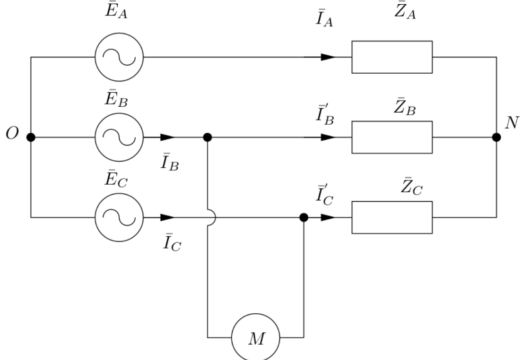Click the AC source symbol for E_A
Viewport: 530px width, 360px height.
119,57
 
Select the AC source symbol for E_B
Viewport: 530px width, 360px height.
119,137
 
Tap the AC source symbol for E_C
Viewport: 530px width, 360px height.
119,217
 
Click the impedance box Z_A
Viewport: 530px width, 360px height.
391,57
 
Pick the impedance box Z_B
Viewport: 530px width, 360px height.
391,137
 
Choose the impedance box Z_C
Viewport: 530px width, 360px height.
391,217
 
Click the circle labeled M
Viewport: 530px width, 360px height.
255,337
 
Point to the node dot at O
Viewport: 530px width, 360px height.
31,137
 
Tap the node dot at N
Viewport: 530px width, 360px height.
496,137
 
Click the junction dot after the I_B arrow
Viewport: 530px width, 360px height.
207,137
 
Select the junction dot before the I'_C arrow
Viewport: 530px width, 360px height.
304,217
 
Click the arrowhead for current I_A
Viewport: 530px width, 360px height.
328,57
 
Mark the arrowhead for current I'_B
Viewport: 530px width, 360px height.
328,137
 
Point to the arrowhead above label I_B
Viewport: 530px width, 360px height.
167,137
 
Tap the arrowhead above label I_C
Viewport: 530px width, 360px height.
167,217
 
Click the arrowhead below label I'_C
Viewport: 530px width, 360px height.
328,217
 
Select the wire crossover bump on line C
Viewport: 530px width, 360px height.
211,217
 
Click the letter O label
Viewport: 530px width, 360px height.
12,134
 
